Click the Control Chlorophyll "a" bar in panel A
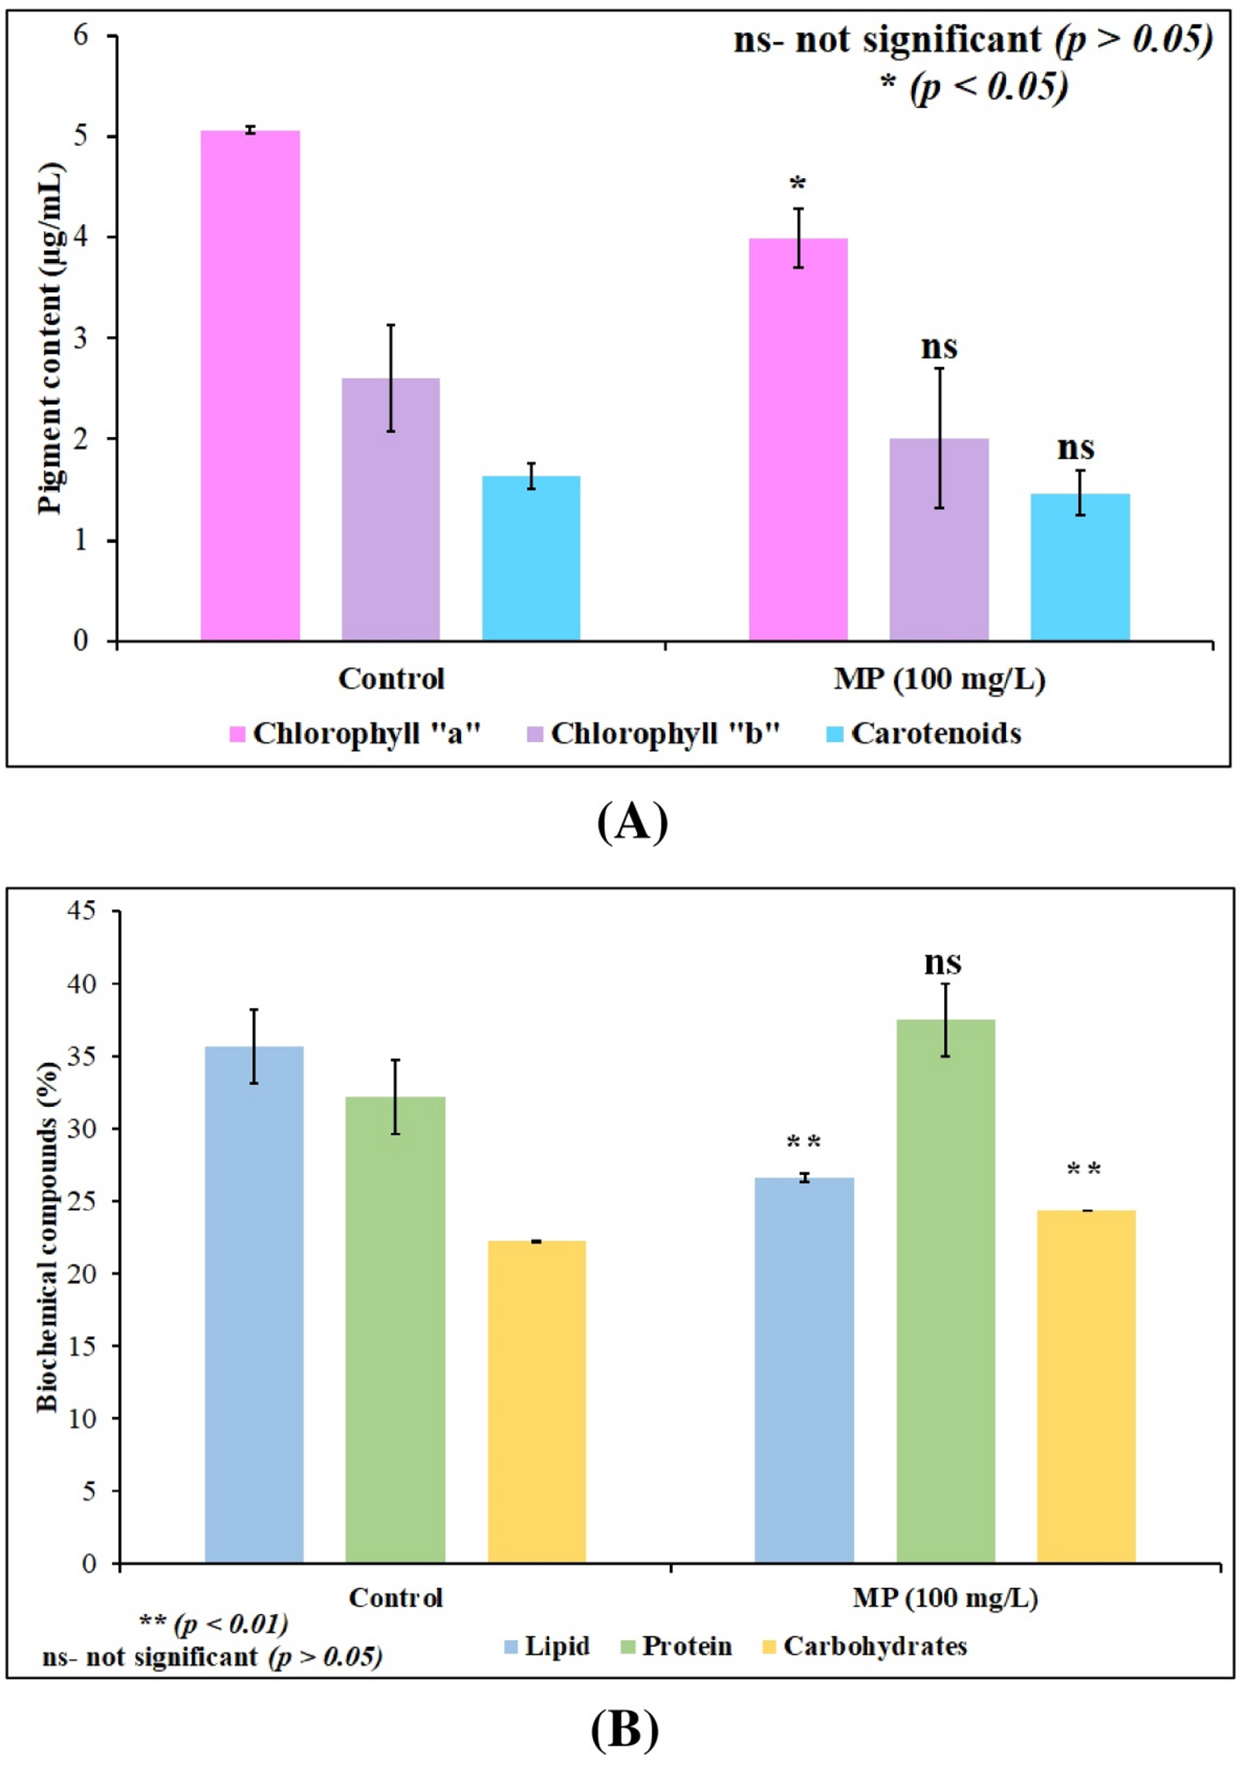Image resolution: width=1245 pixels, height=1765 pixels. pos(249,385)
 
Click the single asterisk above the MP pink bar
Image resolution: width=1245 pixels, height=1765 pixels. pos(798,184)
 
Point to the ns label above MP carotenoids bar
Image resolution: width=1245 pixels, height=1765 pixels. pos(1075,447)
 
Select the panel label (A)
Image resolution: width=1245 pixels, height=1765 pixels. pos(632,822)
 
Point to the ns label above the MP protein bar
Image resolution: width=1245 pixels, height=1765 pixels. pos(943,962)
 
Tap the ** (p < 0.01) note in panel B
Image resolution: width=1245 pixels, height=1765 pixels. pos(214,1625)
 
